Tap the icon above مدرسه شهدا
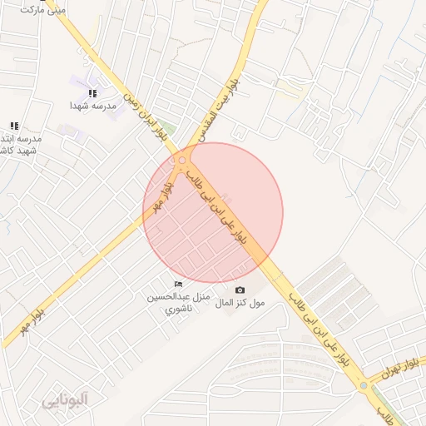pos(92,93)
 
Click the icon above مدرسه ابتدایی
pos(13,126)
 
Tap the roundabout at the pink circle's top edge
pos(182,159)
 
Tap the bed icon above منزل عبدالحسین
pos(177,285)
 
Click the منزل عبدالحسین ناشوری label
pos(178,303)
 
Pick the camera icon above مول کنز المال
pos(240,290)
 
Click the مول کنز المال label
pos(240,303)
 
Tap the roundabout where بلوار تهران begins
pos(363,385)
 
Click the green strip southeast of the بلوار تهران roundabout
pos(391,409)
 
